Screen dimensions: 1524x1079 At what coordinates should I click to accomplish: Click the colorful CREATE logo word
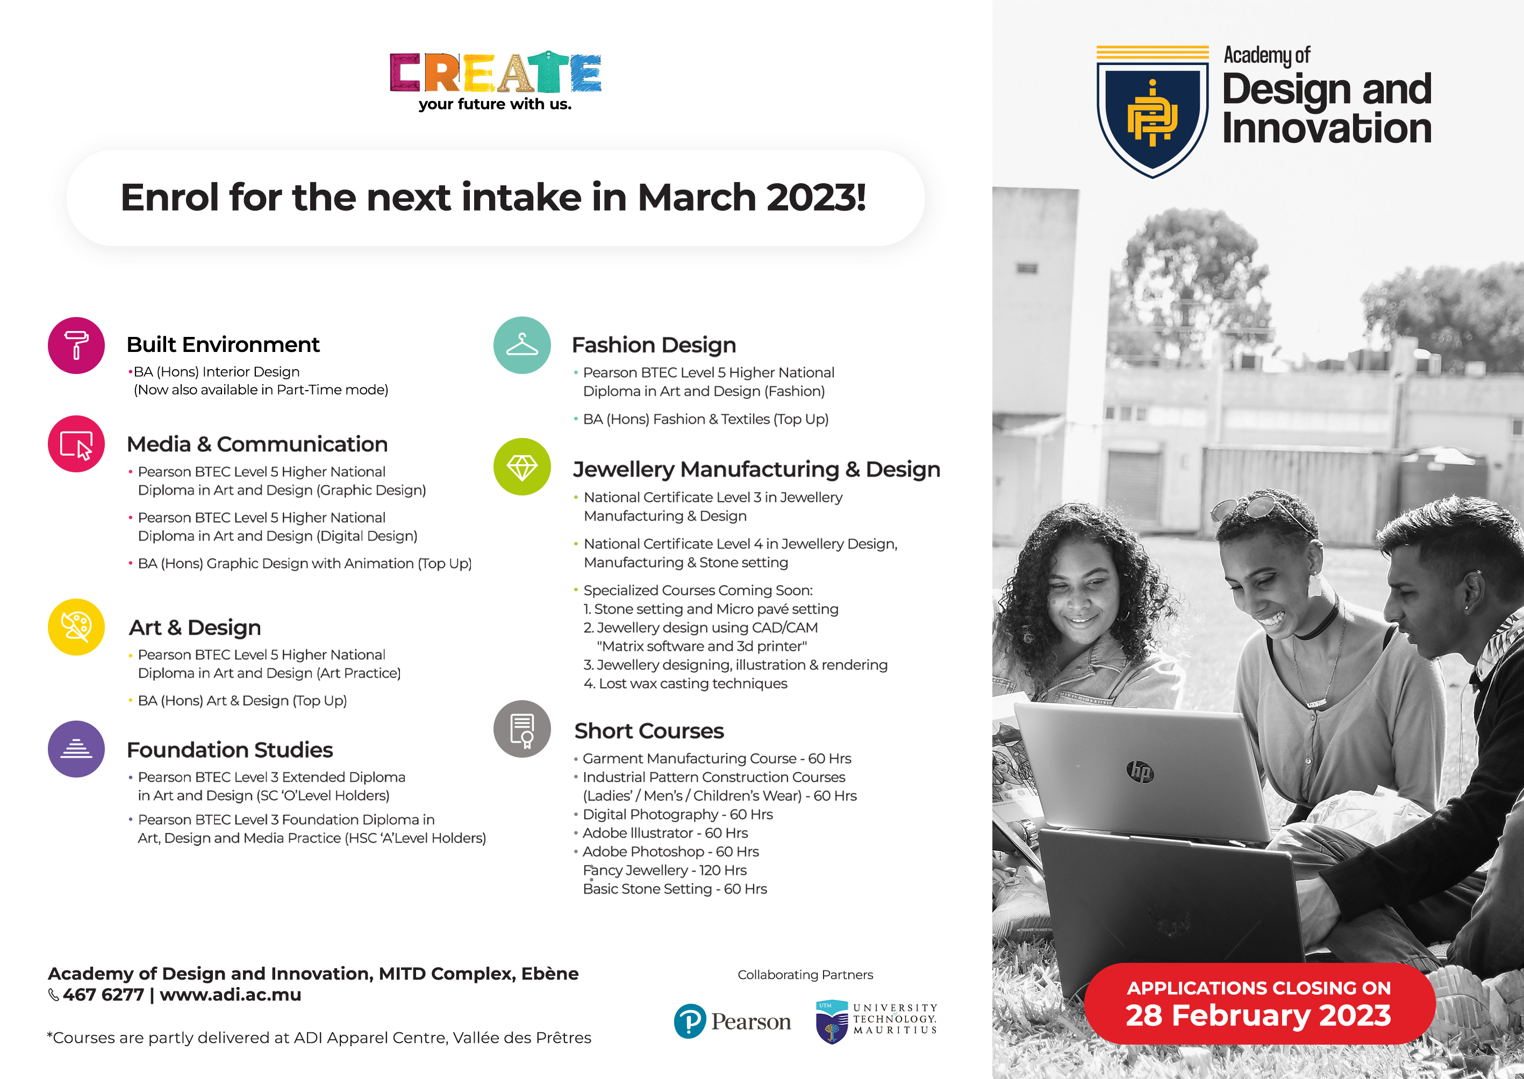click(x=495, y=72)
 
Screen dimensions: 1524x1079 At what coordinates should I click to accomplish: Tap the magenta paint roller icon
click(x=76, y=346)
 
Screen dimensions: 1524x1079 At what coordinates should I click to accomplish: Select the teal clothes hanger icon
click(x=523, y=346)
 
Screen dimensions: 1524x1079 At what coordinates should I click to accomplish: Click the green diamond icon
click(x=523, y=467)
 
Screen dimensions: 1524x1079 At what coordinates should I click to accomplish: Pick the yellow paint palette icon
click(x=76, y=627)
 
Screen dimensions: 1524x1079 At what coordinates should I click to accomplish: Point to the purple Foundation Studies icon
click(x=76, y=749)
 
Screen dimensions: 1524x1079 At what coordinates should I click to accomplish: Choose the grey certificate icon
click(x=523, y=729)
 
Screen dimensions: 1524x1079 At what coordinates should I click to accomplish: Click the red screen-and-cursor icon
click(x=76, y=444)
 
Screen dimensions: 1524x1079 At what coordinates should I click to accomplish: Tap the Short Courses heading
click(x=649, y=731)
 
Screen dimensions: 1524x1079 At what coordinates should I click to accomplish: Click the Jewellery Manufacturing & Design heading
click(x=756, y=470)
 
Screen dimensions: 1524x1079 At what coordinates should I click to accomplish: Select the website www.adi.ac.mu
click(x=230, y=995)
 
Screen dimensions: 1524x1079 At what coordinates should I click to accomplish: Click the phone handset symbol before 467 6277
click(x=54, y=995)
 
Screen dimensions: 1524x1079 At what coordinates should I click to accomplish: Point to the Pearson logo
click(x=732, y=1021)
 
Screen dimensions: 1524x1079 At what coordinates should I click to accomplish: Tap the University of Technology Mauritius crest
click(x=832, y=1022)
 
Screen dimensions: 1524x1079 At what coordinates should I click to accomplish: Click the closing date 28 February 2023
click(x=1258, y=1015)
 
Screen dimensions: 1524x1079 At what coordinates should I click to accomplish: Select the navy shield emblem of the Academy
click(x=1153, y=112)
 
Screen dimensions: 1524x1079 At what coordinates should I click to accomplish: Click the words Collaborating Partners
click(x=805, y=975)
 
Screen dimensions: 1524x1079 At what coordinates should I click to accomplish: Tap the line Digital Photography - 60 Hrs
click(x=677, y=815)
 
